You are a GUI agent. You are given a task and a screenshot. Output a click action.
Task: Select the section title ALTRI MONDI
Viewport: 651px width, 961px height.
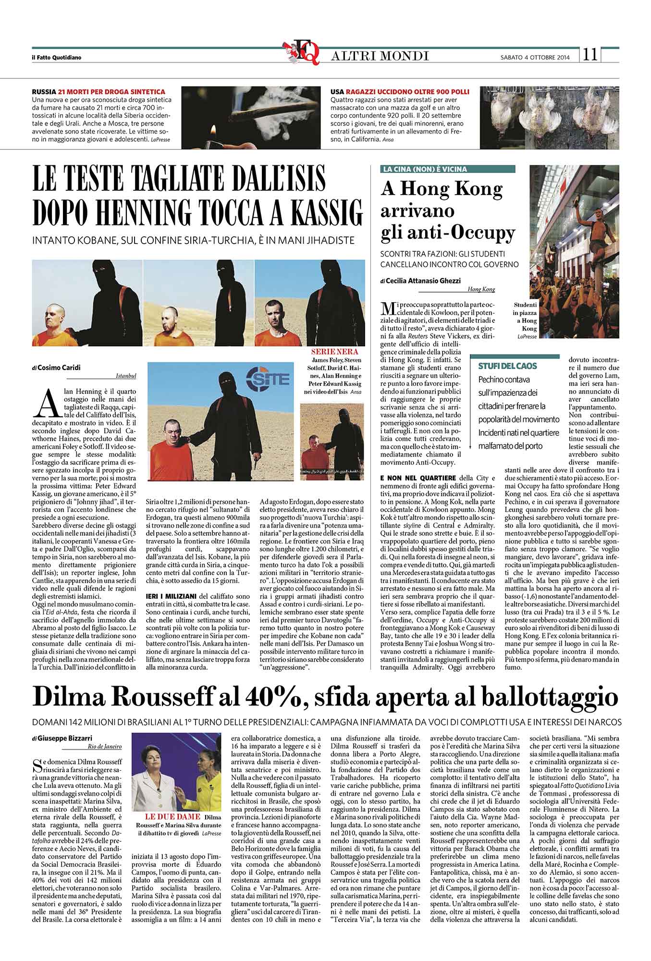tap(380, 56)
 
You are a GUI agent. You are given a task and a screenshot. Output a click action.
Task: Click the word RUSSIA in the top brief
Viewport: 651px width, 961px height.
tap(44, 92)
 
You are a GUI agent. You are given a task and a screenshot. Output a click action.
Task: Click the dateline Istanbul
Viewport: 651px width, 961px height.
tap(126, 376)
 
